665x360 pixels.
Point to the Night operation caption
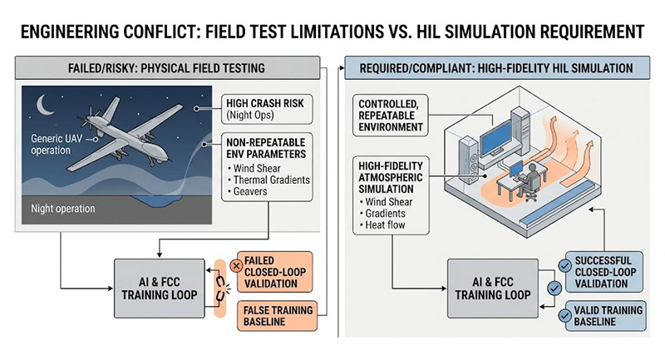[x=63, y=209]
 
